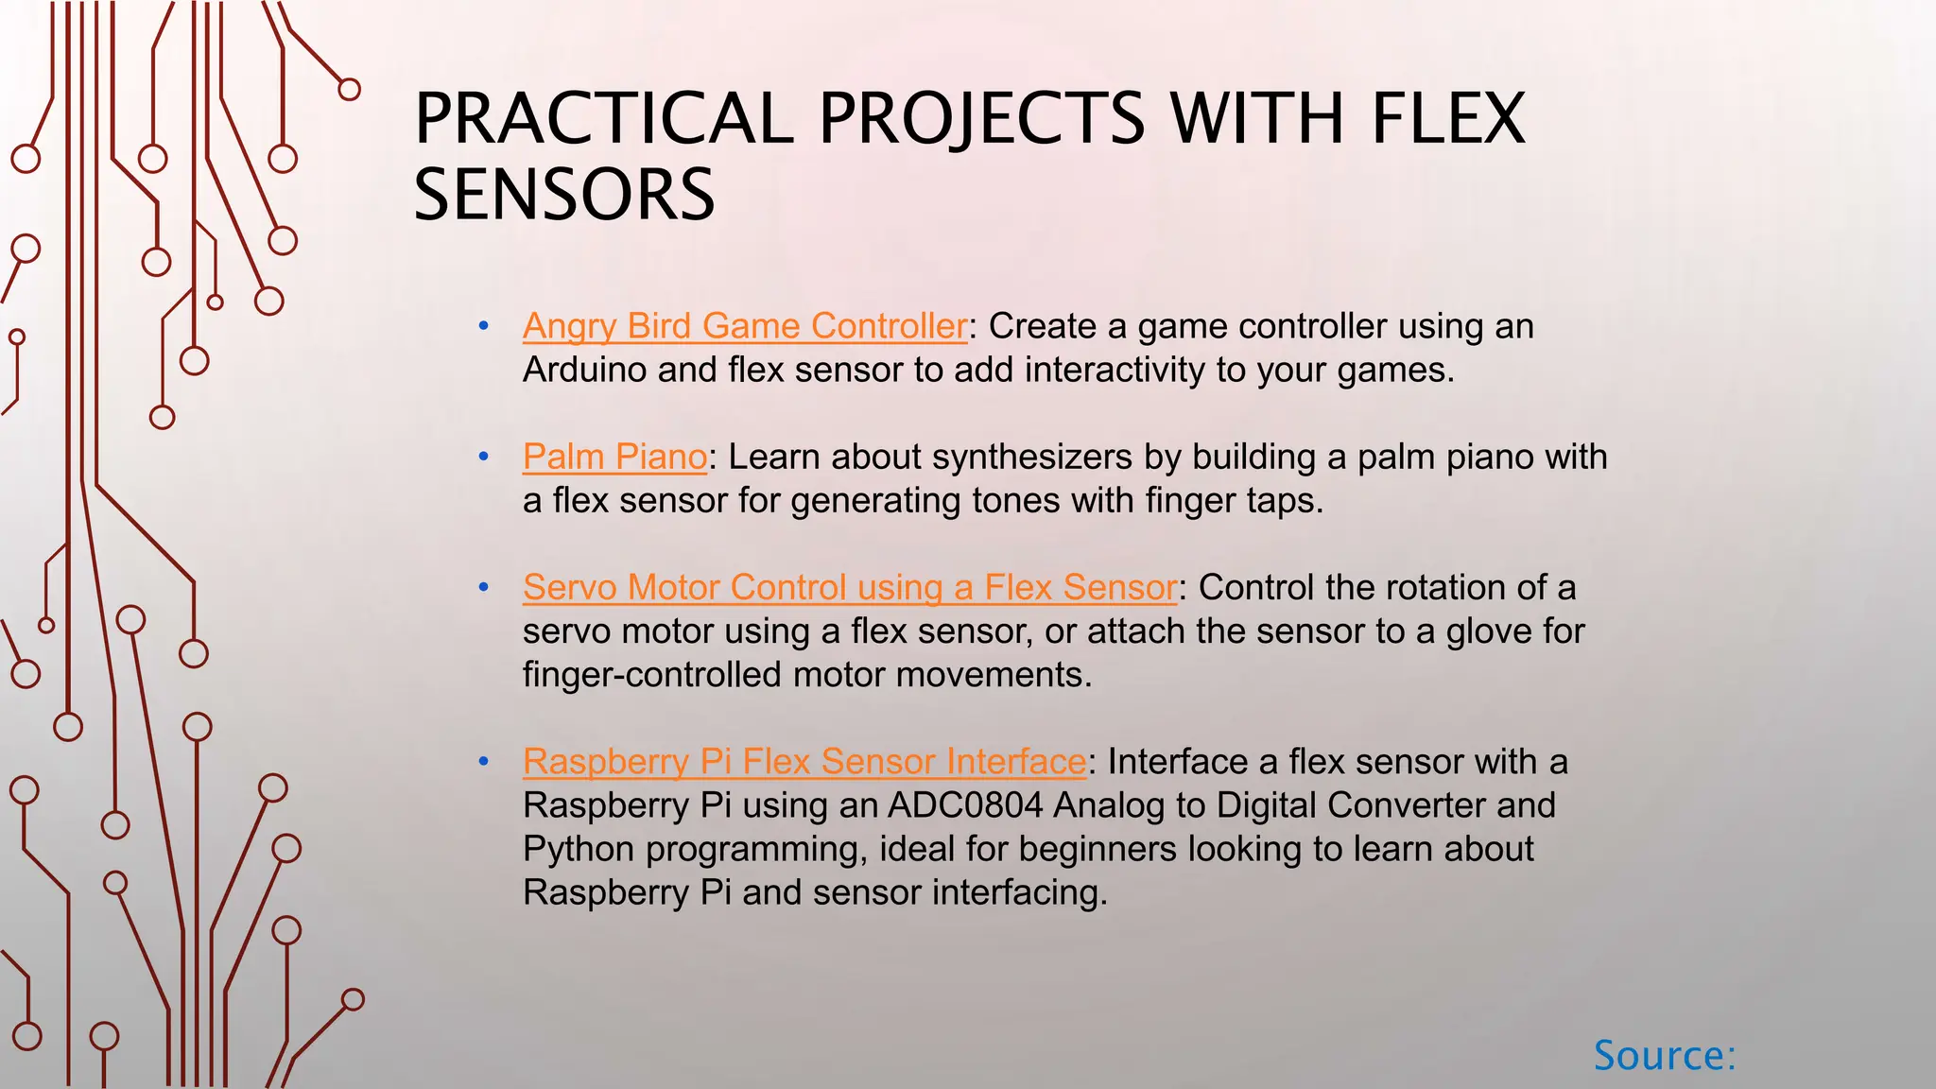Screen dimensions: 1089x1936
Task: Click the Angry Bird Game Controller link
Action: (744, 326)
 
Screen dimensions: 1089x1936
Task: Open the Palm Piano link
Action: (614, 457)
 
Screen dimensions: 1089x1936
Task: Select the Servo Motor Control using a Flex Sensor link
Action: (849, 587)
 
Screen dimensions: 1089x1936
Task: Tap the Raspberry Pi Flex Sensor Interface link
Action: (804, 761)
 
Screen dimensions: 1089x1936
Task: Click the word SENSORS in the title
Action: (564, 195)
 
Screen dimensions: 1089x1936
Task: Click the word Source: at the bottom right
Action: (1665, 1055)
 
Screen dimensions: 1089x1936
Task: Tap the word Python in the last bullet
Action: (579, 849)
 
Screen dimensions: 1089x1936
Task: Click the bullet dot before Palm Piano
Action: (484, 458)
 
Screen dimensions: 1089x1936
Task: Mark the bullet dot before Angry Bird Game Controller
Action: (484, 327)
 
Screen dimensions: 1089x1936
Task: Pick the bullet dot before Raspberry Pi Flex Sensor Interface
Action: (484, 762)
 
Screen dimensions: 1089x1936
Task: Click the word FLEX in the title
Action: (1448, 119)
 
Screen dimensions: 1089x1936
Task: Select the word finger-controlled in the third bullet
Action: (652, 675)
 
